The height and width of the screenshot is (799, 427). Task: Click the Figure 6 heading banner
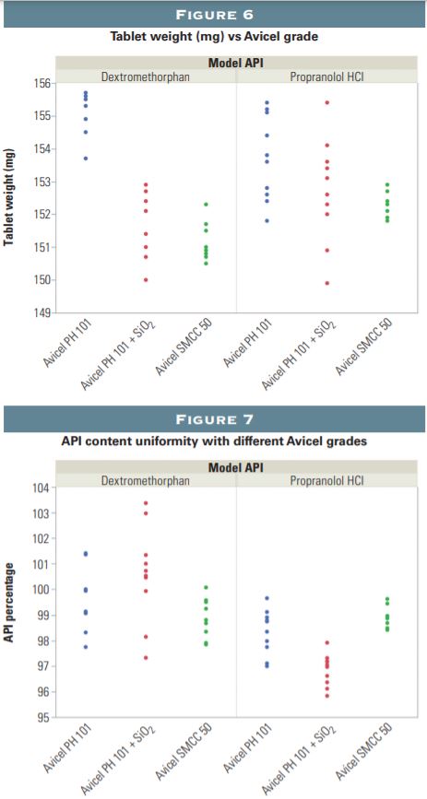[x=213, y=14]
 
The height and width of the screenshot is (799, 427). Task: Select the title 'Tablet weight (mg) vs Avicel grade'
[x=213, y=37]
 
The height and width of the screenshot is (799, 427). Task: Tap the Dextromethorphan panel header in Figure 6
[x=146, y=76]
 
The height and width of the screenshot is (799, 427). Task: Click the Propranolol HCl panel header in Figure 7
[x=327, y=480]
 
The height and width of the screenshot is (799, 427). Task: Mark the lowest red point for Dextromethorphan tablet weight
[x=146, y=279]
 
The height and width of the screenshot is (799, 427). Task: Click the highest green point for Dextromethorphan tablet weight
[x=206, y=204]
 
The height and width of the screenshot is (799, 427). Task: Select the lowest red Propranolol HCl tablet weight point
[x=326, y=283]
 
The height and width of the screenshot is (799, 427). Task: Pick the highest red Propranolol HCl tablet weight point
[x=326, y=102]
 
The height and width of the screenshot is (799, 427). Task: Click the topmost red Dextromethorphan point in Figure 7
[x=146, y=503]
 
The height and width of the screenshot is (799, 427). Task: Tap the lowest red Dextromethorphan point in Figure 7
[x=146, y=657]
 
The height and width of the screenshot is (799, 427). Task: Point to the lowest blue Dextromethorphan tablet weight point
[x=86, y=159]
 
